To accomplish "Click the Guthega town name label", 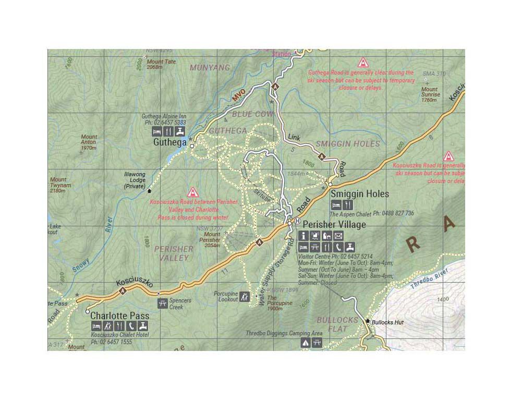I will point(169,142).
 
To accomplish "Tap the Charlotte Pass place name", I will point(119,315).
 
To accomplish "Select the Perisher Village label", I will point(334,225).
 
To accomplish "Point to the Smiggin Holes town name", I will point(360,193).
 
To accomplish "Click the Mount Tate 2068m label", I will point(161,64).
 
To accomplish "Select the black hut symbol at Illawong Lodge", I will point(150,191).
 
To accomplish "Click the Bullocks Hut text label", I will point(387,322).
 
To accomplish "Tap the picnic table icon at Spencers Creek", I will point(162,303).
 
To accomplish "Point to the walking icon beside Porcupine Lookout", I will point(245,297).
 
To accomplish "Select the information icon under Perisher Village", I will point(303,236).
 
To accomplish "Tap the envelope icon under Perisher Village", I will point(338,236).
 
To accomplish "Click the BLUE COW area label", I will point(252,114).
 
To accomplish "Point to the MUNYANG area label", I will point(210,68).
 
